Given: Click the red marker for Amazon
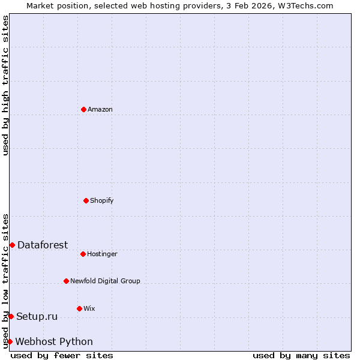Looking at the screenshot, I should pos(84,109).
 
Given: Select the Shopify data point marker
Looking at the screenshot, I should pos(86,200).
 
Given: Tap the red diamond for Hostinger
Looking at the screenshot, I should pos(83,254).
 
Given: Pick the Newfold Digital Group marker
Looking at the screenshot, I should pos(66,281).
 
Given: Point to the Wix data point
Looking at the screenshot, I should pos(79,308).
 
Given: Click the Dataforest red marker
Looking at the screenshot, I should pos(12,245).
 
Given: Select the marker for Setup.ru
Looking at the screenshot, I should pos(11,316).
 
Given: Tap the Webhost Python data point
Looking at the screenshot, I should pos(10,341).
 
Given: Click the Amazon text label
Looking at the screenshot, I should pos(100,109).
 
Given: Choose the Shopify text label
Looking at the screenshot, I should pos(102,200).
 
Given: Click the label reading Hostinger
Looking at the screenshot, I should pos(102,254).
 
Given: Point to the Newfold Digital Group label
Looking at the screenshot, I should pos(105,281).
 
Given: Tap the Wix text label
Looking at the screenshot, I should pos(89,308).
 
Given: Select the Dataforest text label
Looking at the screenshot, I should pos(43,245).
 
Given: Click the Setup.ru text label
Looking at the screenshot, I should pos(37,316).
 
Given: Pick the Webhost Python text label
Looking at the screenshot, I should pos(54,341).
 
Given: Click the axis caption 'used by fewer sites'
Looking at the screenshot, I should pos(62,355).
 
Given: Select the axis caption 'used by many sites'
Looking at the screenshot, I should pos(301,355).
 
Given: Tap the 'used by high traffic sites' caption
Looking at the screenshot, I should pos(6,85).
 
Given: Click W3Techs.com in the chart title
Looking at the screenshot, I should pos(304,5).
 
